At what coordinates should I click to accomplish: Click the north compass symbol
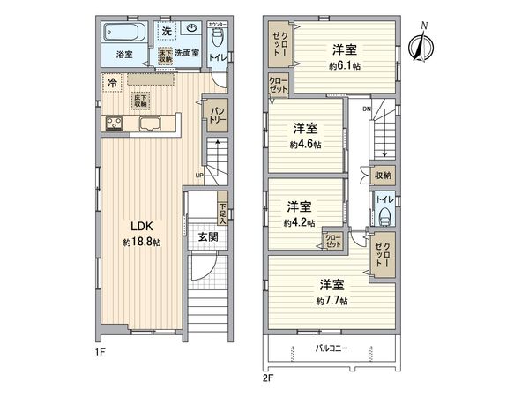pos(421,41)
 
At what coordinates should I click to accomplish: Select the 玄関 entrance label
pos(207,236)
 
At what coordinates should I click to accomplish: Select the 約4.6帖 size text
pos(305,144)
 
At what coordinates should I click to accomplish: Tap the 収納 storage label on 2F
pos(383,176)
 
